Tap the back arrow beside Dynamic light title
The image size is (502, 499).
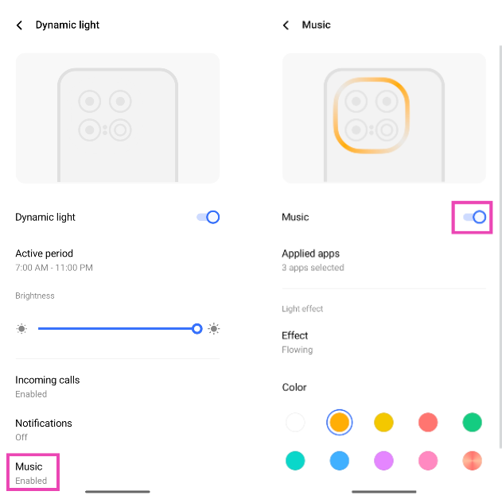point(20,25)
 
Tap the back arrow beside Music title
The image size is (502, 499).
point(286,25)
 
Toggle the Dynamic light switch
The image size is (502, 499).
point(208,218)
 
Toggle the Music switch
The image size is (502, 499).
point(474,218)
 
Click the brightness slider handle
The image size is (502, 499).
point(197,329)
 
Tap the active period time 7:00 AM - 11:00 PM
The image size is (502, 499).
point(54,268)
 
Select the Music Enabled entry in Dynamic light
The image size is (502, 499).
point(31,473)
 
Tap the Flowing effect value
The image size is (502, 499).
point(297,350)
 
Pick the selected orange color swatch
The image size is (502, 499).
point(340,422)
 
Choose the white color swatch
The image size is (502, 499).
point(295,422)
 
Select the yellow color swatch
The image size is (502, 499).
point(383,422)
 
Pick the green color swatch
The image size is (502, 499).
point(473,422)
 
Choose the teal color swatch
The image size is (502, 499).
point(295,461)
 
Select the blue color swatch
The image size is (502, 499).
point(340,461)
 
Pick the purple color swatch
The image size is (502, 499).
point(383,461)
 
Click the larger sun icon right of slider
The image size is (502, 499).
point(214,329)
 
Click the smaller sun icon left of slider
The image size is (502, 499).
point(21,329)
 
